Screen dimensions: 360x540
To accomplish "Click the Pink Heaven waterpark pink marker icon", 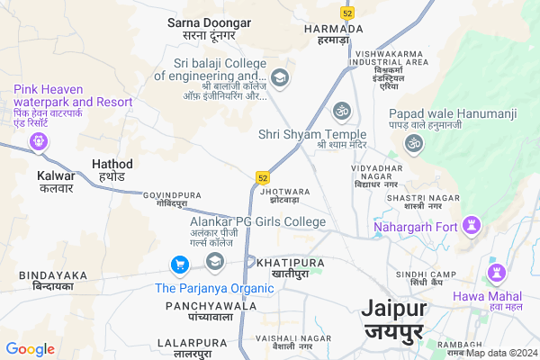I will click(38, 140).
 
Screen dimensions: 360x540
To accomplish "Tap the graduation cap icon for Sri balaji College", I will click(279, 78).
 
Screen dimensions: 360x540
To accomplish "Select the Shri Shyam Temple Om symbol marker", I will click(341, 111).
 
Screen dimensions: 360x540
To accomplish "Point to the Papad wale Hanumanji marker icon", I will click(415, 143).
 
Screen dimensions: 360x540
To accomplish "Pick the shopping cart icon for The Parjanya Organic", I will click(179, 265).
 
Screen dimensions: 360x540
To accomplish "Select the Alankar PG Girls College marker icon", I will click(214, 262).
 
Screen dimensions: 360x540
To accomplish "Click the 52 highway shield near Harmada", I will click(346, 13).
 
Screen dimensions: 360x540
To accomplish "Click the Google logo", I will click(30, 349).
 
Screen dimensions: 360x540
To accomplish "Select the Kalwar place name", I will click(56, 182).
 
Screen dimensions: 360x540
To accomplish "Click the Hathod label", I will click(112, 170).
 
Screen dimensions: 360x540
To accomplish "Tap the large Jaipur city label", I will click(394, 319).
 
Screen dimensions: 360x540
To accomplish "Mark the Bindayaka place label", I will click(53, 280).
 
